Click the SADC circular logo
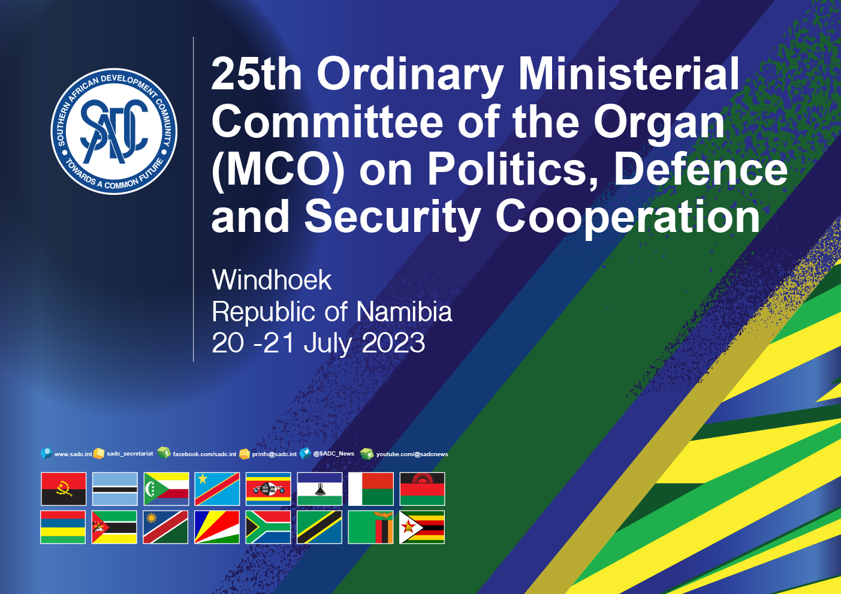(x=114, y=131)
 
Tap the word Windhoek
(x=272, y=280)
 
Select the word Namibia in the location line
(x=404, y=312)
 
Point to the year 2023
(x=393, y=343)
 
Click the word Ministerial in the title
(x=629, y=74)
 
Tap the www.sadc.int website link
(x=73, y=454)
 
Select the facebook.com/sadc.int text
(x=204, y=454)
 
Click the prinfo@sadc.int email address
(x=275, y=454)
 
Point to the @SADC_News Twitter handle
(x=334, y=454)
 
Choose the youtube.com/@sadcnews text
(x=412, y=454)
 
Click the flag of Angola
(x=64, y=489)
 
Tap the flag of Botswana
(x=115, y=489)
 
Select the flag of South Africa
(x=268, y=527)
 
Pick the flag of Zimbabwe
(x=422, y=527)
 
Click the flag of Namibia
(x=165, y=527)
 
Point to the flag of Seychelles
(x=217, y=527)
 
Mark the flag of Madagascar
(x=371, y=489)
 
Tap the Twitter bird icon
(x=305, y=453)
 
